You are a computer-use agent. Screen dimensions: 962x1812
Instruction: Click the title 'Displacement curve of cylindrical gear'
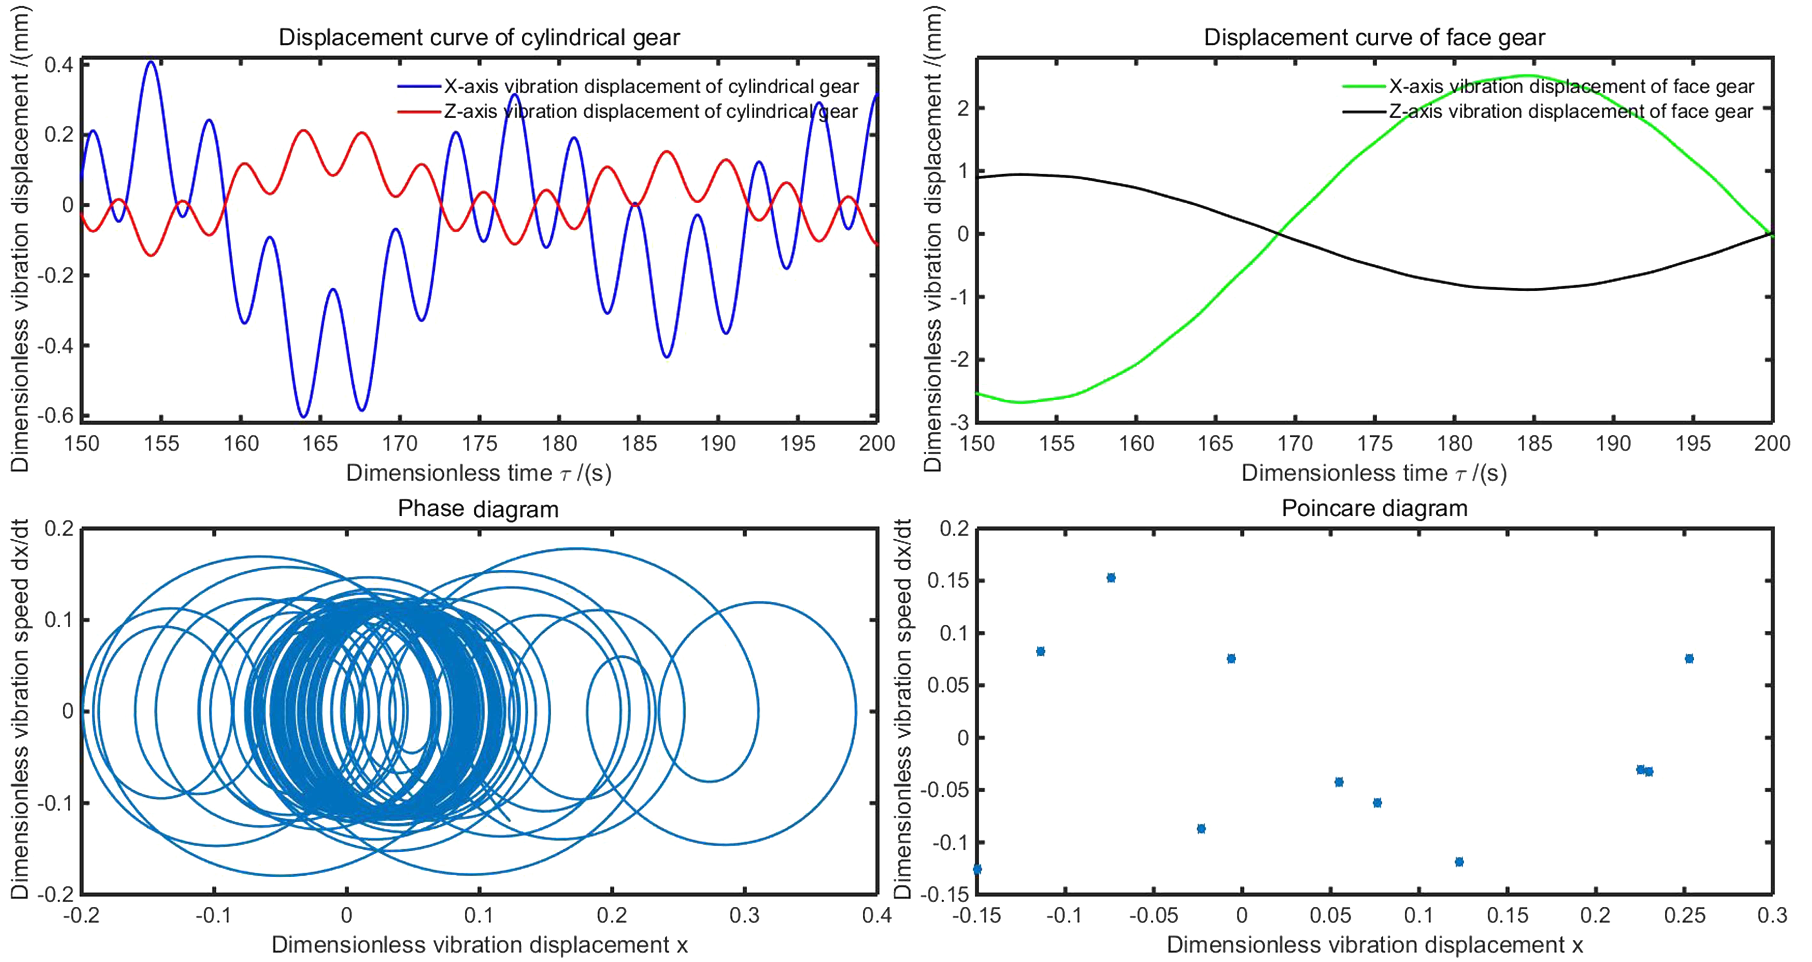479,37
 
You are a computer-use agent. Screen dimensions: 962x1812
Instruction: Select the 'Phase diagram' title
478,509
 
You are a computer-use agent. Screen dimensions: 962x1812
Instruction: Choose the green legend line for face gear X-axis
1365,87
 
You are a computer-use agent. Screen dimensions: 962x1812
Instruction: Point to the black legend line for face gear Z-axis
1365,112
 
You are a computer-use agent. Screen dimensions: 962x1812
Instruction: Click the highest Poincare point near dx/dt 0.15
1111,578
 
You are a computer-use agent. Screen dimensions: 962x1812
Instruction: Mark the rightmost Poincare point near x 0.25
1689,659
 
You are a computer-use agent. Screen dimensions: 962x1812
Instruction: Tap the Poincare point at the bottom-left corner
977,869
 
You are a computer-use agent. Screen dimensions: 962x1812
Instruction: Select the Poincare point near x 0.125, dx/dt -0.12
1459,861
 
